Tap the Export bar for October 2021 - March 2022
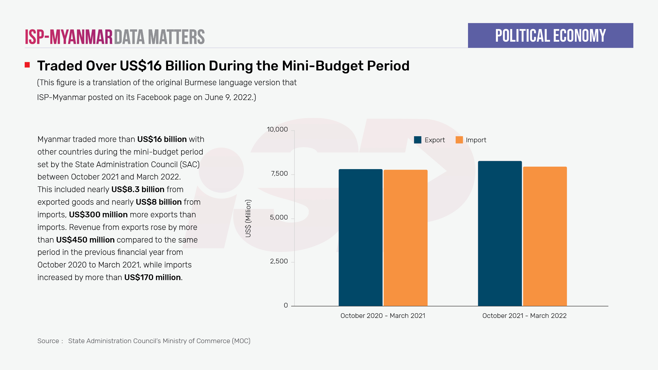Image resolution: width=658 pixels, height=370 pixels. (x=500, y=233)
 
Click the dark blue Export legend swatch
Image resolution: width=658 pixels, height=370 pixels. (x=418, y=140)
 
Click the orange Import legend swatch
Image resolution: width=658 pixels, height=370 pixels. (x=459, y=140)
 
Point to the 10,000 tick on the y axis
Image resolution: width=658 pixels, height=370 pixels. (x=277, y=129)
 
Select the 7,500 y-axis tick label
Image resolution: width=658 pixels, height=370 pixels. (x=279, y=173)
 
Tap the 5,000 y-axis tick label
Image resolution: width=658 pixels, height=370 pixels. (x=279, y=217)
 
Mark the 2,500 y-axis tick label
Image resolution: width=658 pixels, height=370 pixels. (x=279, y=261)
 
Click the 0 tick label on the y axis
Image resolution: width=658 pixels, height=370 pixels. (x=286, y=305)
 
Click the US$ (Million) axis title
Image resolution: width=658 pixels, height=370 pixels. (x=248, y=218)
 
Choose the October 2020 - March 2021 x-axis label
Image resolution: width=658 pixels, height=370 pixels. (x=383, y=316)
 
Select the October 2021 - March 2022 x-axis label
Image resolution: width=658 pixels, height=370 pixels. (x=524, y=316)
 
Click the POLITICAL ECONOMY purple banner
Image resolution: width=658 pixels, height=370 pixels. (x=550, y=36)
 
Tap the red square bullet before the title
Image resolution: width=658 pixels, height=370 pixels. (x=27, y=65)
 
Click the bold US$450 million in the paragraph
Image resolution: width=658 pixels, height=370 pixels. (x=85, y=240)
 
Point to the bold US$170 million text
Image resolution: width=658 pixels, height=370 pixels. (x=152, y=277)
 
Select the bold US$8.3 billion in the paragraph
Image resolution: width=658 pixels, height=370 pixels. (x=138, y=189)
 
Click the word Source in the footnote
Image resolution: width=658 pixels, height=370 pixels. (x=48, y=341)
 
